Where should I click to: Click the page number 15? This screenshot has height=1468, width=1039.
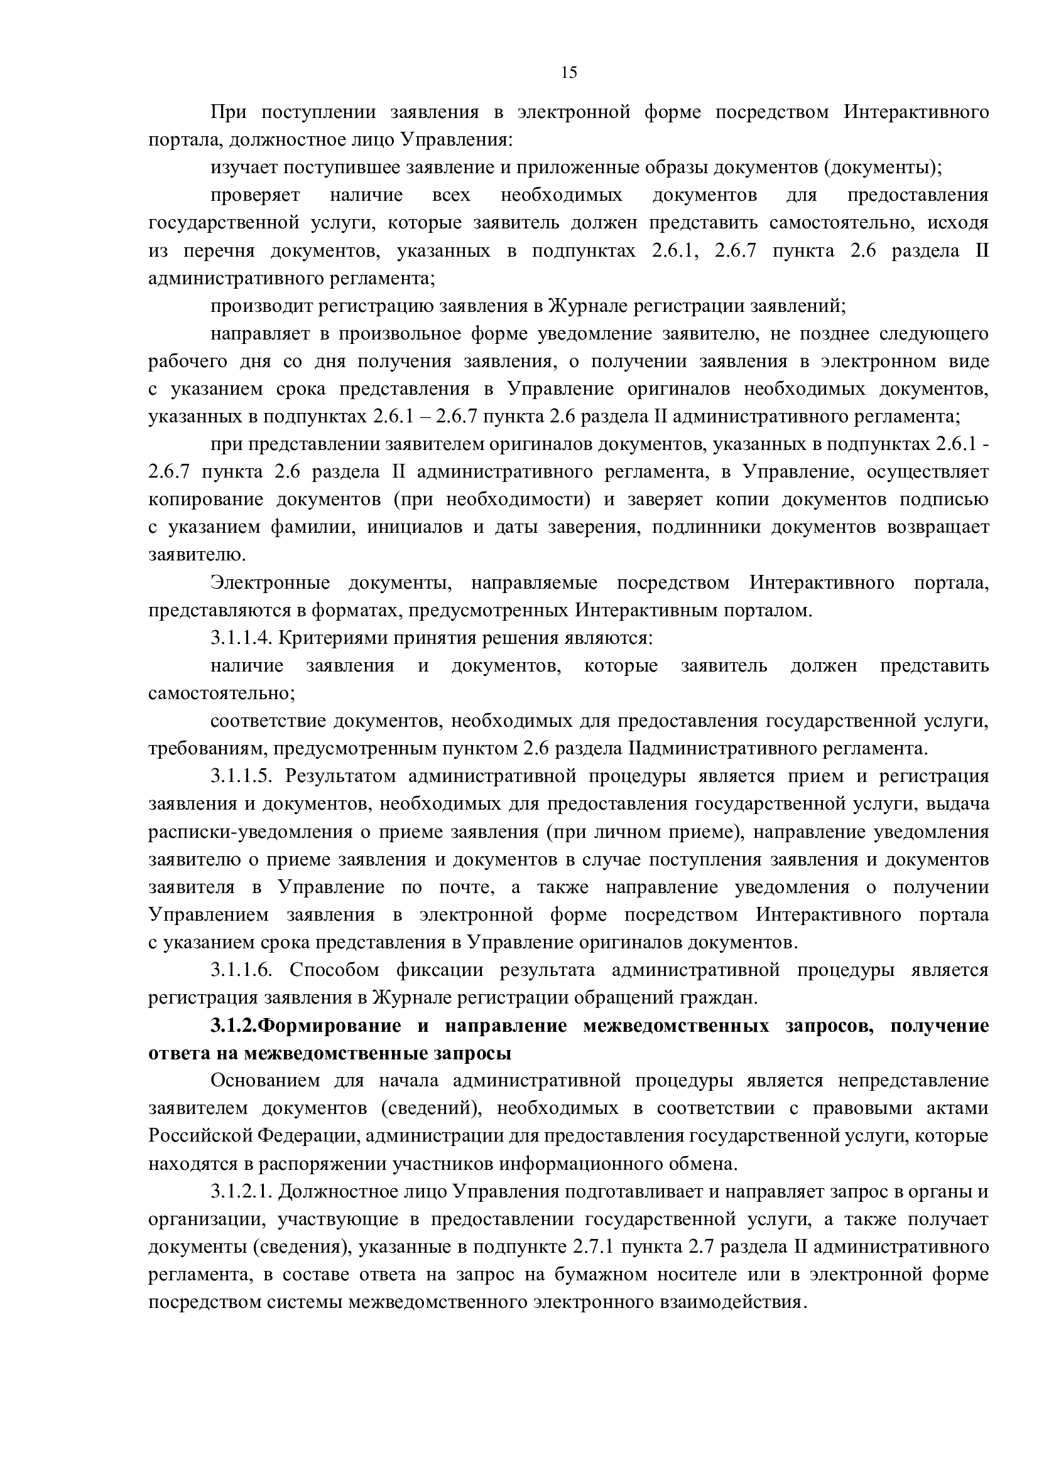[568, 73]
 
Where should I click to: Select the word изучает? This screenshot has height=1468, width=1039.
[244, 168]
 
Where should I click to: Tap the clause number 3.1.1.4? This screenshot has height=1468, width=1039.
[242, 638]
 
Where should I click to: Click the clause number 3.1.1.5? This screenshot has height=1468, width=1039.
[242, 777]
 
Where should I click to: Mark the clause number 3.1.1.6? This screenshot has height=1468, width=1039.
[242, 970]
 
